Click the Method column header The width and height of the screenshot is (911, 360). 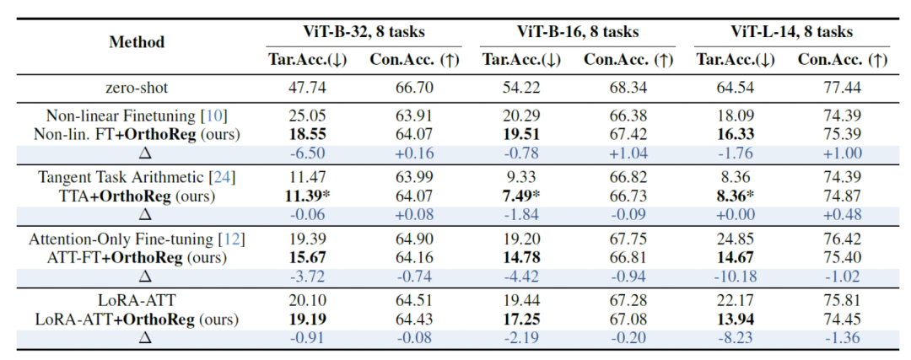137,42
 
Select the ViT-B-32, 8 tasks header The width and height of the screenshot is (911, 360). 364,31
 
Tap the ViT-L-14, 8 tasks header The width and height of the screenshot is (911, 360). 792,31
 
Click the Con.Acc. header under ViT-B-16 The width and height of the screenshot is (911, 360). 628,61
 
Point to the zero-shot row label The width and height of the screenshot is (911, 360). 137,89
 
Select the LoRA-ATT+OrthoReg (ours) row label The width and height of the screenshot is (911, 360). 137,319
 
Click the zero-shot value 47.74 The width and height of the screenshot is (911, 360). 307,89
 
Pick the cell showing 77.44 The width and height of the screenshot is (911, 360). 842,89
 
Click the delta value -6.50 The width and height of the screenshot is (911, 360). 307,154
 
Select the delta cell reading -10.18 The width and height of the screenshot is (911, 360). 736,277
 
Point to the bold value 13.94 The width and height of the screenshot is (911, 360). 735,319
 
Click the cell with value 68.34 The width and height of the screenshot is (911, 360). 628,89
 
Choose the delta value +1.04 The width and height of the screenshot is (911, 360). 628,154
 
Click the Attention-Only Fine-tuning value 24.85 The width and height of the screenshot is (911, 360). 735,239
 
